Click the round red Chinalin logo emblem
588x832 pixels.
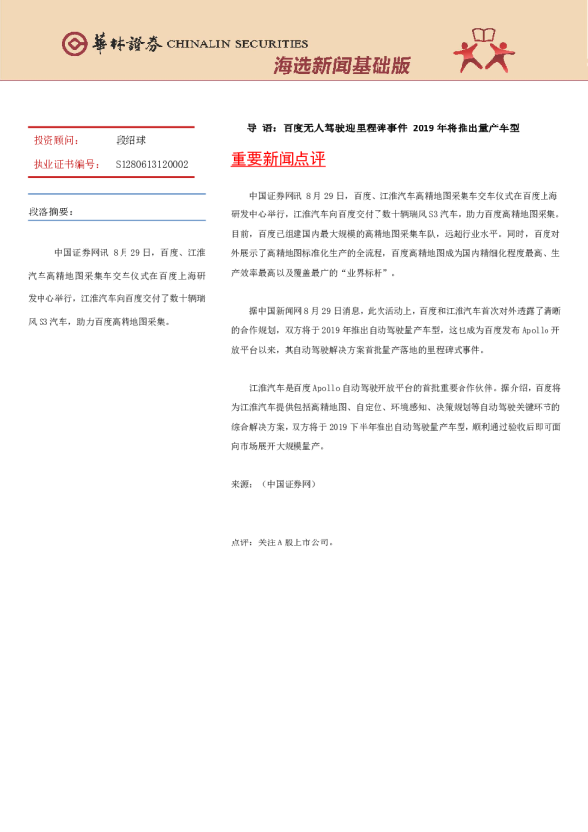[x=75, y=44]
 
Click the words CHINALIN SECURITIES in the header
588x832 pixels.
[x=237, y=44]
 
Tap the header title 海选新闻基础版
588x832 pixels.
[x=341, y=67]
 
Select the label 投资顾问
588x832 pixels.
[x=56, y=141]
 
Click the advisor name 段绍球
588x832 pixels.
[x=130, y=141]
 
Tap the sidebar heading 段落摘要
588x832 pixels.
[x=50, y=211]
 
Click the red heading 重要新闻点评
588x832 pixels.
[x=278, y=159]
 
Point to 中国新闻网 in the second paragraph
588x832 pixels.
[x=280, y=309]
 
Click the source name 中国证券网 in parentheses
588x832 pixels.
[x=288, y=484]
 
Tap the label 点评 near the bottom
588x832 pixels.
[x=240, y=541]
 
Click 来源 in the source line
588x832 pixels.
[x=240, y=484]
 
